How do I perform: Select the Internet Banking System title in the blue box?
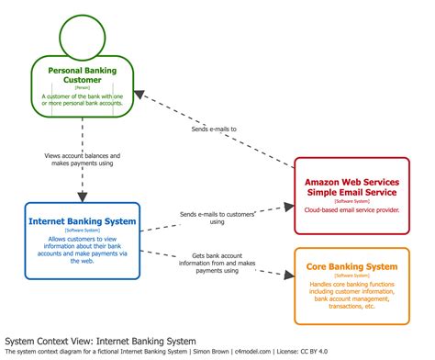pos(83,221)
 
